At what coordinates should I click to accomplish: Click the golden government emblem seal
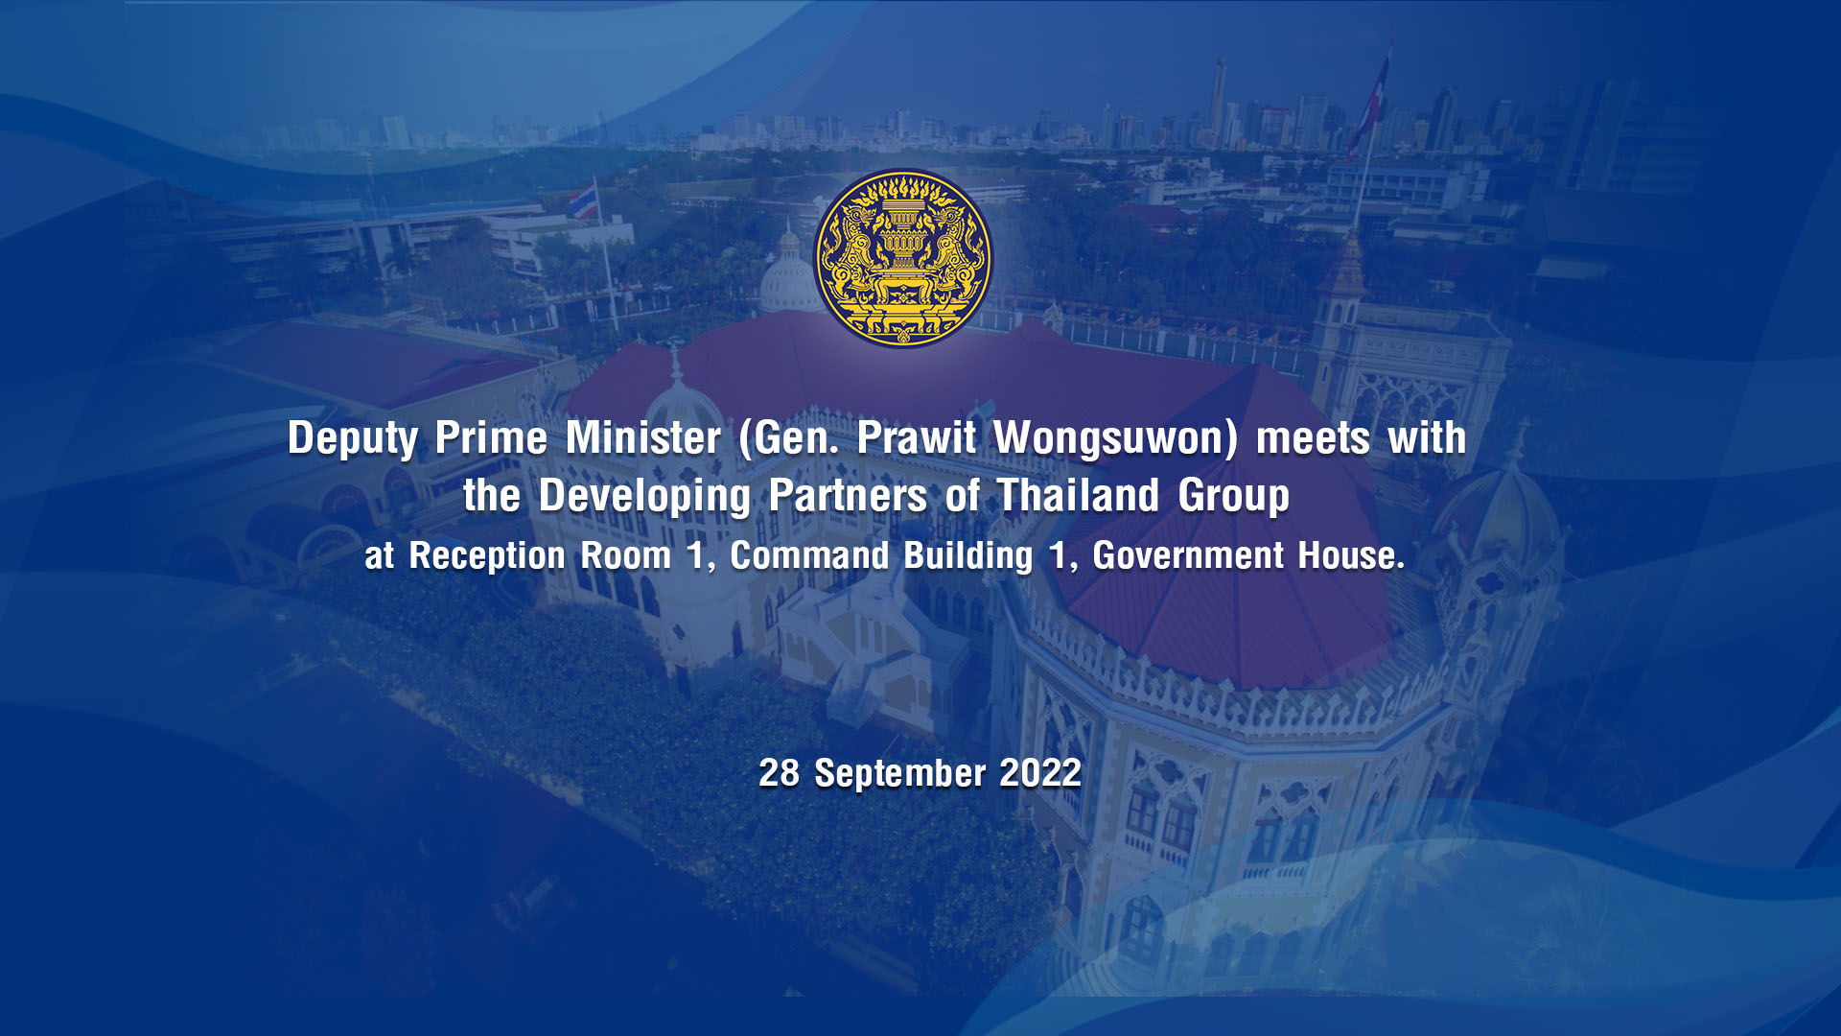point(902,258)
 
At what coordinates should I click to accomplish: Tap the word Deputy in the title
point(352,439)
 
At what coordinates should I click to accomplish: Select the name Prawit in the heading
point(917,437)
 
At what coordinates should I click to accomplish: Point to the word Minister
point(642,437)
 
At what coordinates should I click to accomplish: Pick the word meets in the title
point(1313,439)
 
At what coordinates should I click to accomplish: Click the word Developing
point(644,497)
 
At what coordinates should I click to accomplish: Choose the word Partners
point(848,496)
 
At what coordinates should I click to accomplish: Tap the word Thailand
point(1078,496)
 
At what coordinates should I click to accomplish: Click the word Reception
point(487,556)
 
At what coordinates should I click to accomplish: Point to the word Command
point(810,555)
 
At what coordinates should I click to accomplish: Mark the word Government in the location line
point(1188,555)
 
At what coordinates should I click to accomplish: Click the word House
point(1350,555)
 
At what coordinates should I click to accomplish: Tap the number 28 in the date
point(779,773)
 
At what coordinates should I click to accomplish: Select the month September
point(900,774)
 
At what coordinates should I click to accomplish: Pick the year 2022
point(1040,773)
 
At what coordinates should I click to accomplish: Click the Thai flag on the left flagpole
point(583,199)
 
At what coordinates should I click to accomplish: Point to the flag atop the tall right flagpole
point(1369,101)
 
